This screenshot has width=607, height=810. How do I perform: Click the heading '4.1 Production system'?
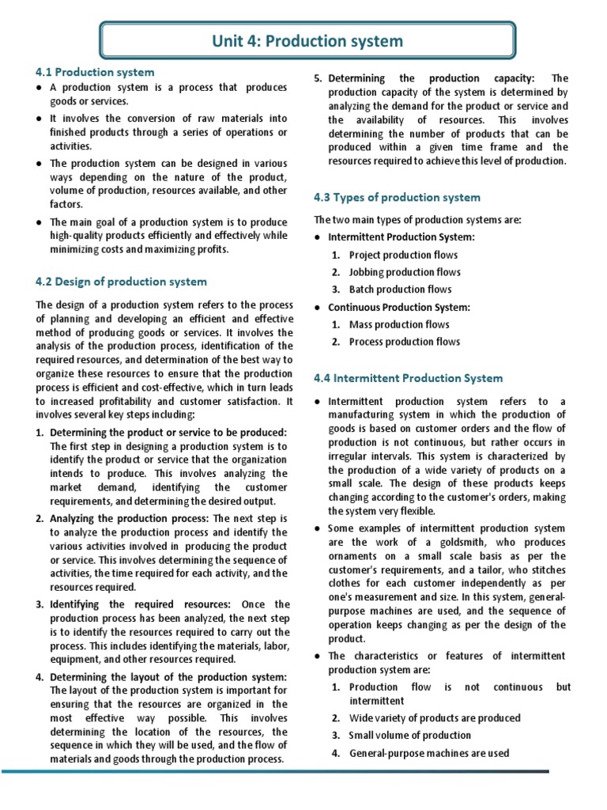pos(95,72)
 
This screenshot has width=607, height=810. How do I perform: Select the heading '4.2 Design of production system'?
pos(121,281)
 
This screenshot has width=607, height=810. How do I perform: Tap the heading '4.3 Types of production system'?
pos(397,197)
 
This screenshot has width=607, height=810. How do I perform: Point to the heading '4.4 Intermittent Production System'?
pos(408,378)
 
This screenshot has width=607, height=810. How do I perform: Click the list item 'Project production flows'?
pos(403,255)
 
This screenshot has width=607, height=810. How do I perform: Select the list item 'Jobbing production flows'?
pos(405,272)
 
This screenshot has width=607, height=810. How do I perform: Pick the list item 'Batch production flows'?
pos(400,290)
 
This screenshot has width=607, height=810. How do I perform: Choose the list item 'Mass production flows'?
pos(399,324)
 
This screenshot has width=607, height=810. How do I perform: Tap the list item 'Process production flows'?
pos(404,342)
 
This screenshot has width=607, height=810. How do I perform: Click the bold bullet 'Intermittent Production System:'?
pos(402,237)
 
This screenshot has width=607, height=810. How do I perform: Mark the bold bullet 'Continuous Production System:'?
pos(399,307)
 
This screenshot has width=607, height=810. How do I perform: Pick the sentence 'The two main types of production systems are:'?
pos(417,220)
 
